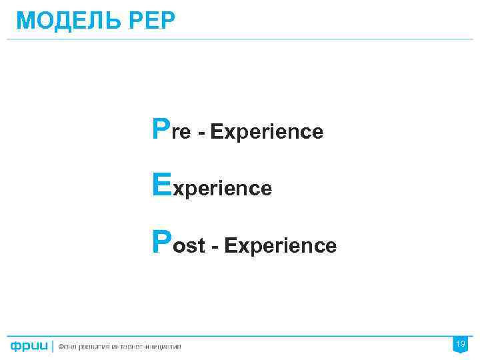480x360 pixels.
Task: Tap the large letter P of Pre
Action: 161,129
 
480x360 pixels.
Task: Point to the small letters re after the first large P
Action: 181,133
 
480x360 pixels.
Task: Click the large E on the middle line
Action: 161,185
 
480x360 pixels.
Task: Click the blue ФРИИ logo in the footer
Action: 29,346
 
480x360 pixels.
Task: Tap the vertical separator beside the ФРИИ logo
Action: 52,346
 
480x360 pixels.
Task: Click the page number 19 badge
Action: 459,344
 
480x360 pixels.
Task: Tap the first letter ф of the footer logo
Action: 15,347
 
